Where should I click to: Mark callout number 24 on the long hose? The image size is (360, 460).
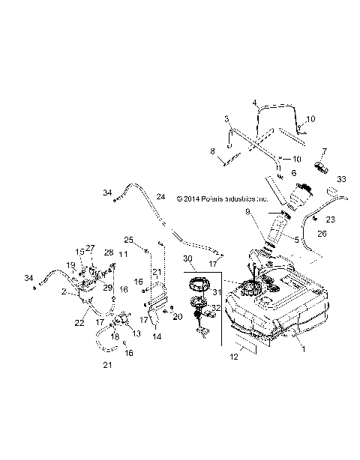pos(159,197)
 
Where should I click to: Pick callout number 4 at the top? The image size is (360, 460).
pos(254,102)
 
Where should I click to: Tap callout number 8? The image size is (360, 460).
pos(212,151)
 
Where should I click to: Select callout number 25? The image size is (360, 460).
pos(128,240)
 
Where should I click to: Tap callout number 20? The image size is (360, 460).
pos(178,317)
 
